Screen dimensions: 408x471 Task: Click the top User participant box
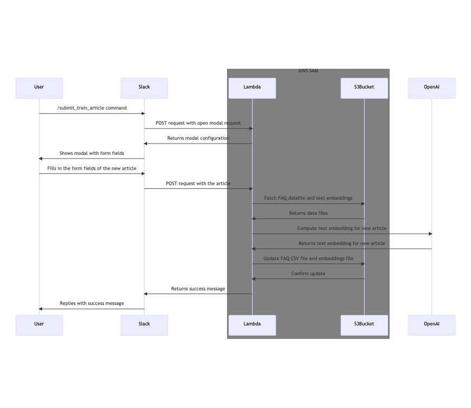pos(39,88)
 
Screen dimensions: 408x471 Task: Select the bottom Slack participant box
pos(144,325)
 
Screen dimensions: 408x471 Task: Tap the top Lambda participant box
pos(252,88)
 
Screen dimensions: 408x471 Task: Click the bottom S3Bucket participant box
pos(364,325)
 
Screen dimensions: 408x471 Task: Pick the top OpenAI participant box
pos(432,88)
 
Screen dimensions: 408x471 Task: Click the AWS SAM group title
pos(308,71)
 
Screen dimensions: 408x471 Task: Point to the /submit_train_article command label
pos(92,108)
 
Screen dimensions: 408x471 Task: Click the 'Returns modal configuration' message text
pos(198,138)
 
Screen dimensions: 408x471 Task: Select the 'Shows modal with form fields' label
pos(92,153)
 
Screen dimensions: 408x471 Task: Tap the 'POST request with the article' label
pos(198,183)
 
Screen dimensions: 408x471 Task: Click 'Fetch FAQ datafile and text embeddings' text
pos(308,198)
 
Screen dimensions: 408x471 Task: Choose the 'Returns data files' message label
pos(308,213)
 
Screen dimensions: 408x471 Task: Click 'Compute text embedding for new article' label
pos(342,228)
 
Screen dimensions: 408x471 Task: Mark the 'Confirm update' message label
pos(308,274)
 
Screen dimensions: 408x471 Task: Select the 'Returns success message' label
pos(198,289)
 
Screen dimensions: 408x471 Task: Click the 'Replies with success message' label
pos(92,303)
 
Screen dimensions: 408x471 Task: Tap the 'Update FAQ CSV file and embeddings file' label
pos(308,259)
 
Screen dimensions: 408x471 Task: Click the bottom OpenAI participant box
pos(432,325)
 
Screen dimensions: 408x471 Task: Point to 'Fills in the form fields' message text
pos(92,168)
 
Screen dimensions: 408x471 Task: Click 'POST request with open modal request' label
pos(198,123)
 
